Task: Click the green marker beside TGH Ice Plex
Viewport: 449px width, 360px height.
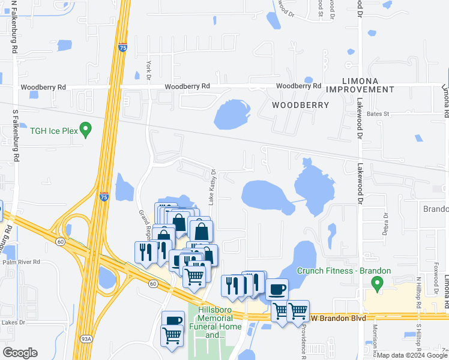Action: click(x=85, y=128)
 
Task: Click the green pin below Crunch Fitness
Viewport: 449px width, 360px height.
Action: click(x=378, y=282)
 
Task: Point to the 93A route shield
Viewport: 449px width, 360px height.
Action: click(x=86, y=339)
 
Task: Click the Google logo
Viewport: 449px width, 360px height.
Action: click(x=20, y=353)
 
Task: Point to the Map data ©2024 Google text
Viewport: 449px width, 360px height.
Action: click(x=411, y=355)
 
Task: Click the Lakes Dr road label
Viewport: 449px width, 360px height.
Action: click(x=13, y=323)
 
